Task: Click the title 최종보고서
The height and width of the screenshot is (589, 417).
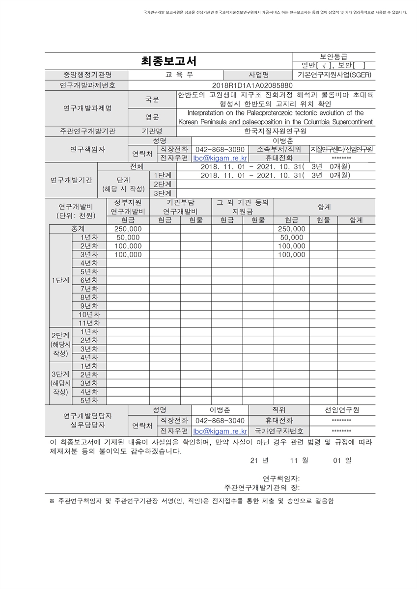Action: pos(168,61)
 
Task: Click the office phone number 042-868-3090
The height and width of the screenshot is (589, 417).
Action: pos(220,149)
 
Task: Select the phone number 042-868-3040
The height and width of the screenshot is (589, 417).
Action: pos(220,421)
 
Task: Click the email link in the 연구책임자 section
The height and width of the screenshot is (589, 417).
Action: pos(220,158)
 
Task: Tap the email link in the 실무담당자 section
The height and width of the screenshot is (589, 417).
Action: pos(220,431)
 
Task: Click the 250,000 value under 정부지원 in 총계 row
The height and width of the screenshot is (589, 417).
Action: pos(128,229)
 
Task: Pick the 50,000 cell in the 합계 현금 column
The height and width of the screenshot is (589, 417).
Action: pos(291,238)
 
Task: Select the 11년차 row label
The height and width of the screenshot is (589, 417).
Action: pos(89,323)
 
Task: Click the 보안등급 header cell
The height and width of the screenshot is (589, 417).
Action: pos(334,57)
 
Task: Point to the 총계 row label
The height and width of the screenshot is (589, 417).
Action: pos(78,229)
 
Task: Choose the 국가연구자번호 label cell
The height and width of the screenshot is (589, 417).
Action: pos(279,431)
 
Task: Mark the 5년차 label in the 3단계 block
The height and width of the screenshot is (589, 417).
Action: pos(89,400)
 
